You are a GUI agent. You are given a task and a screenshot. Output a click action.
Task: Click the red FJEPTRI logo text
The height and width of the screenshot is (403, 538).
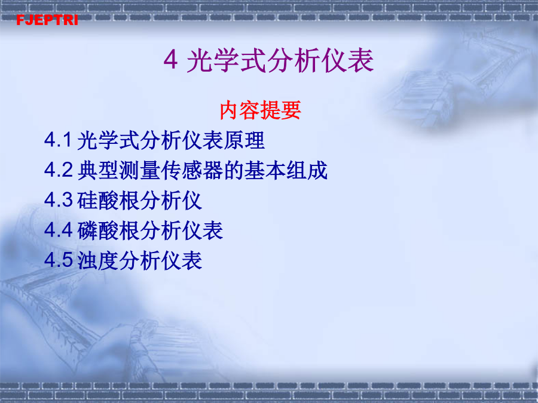pyautogui.click(x=47, y=20)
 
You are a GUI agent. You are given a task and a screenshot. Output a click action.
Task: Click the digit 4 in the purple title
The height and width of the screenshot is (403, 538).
pyautogui.click(x=170, y=60)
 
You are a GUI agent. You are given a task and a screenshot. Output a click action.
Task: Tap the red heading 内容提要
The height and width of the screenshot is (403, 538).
pyautogui.click(x=260, y=110)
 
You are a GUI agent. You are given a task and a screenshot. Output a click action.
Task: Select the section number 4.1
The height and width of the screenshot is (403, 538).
pyautogui.click(x=58, y=140)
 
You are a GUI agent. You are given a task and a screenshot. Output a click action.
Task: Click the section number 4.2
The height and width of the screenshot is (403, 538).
pyautogui.click(x=59, y=170)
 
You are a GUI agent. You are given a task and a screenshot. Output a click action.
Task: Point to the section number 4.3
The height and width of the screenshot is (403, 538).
pyautogui.click(x=59, y=200)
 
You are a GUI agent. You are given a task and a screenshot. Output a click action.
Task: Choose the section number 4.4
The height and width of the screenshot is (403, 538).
pyautogui.click(x=59, y=230)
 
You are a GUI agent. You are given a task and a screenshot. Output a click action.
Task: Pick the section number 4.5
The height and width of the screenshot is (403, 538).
pyautogui.click(x=59, y=260)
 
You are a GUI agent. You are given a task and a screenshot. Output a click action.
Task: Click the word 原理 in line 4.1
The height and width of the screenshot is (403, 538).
pyautogui.click(x=244, y=140)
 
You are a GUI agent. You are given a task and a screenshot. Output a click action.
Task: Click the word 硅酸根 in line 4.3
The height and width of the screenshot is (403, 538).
pyautogui.click(x=108, y=201)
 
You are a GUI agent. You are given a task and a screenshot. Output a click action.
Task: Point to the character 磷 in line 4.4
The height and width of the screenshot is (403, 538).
pyautogui.click(x=87, y=230)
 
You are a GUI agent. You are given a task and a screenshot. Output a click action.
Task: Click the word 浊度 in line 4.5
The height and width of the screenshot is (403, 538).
pyautogui.click(x=98, y=260)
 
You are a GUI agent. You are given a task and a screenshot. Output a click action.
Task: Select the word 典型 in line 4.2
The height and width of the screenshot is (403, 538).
pyautogui.click(x=98, y=170)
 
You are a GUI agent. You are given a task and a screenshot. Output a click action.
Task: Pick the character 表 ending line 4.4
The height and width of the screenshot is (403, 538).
pyautogui.click(x=213, y=230)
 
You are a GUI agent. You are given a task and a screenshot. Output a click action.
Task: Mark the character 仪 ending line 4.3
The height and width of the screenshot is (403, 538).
pyautogui.click(x=192, y=201)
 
